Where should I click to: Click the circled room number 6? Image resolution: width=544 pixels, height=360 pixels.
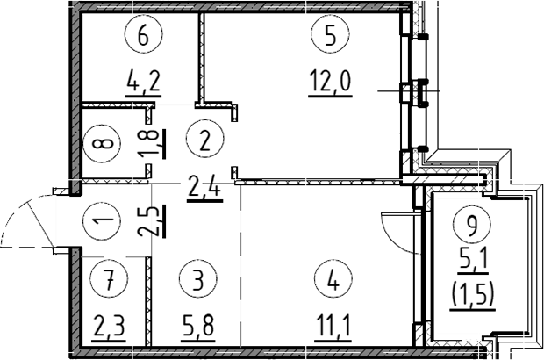(144, 37)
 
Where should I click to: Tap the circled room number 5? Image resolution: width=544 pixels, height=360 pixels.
(329, 37)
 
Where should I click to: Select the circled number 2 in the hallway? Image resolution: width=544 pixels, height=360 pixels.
(204, 140)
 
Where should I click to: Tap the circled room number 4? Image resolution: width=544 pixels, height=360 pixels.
(332, 281)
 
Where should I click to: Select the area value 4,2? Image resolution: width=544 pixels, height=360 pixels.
(143, 85)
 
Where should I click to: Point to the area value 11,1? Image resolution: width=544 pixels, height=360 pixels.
(331, 328)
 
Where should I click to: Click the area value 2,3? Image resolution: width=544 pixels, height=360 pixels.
(109, 328)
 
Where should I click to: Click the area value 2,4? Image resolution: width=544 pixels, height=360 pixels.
(204, 187)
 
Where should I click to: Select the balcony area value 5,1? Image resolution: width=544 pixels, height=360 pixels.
(474, 259)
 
